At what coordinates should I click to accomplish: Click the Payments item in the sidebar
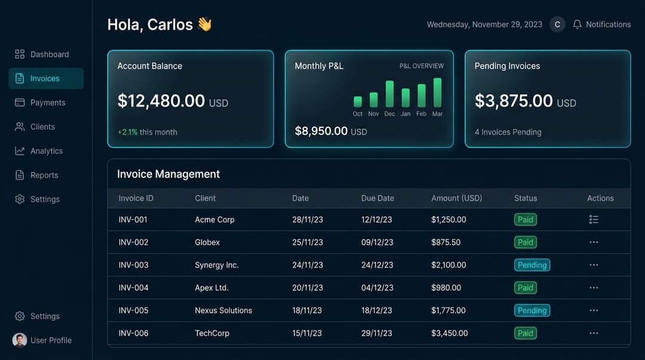(x=47, y=103)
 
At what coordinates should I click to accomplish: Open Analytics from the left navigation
(x=46, y=151)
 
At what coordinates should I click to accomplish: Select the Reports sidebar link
(x=44, y=175)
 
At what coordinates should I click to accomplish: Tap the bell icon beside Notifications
(x=577, y=24)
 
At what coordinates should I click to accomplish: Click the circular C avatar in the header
(x=557, y=24)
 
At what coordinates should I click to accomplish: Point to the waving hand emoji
(x=205, y=24)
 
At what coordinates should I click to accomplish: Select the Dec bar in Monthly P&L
(x=389, y=94)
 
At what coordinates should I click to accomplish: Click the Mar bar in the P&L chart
(x=437, y=93)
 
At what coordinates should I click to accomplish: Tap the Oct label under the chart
(x=358, y=113)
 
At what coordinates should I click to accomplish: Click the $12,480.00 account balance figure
(x=161, y=101)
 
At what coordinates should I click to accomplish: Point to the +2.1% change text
(x=127, y=132)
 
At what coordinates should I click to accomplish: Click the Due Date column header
(x=377, y=198)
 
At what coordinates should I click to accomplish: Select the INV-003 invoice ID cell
(x=133, y=265)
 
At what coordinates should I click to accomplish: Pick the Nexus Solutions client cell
(x=223, y=310)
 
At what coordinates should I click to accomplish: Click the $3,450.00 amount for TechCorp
(x=449, y=333)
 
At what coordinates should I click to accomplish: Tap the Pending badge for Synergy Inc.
(x=532, y=265)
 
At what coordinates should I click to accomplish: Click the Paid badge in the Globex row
(x=525, y=242)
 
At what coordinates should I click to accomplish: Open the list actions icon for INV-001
(x=594, y=220)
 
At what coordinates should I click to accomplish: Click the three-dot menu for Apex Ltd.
(x=594, y=288)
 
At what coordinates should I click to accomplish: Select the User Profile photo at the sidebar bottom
(x=20, y=340)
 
